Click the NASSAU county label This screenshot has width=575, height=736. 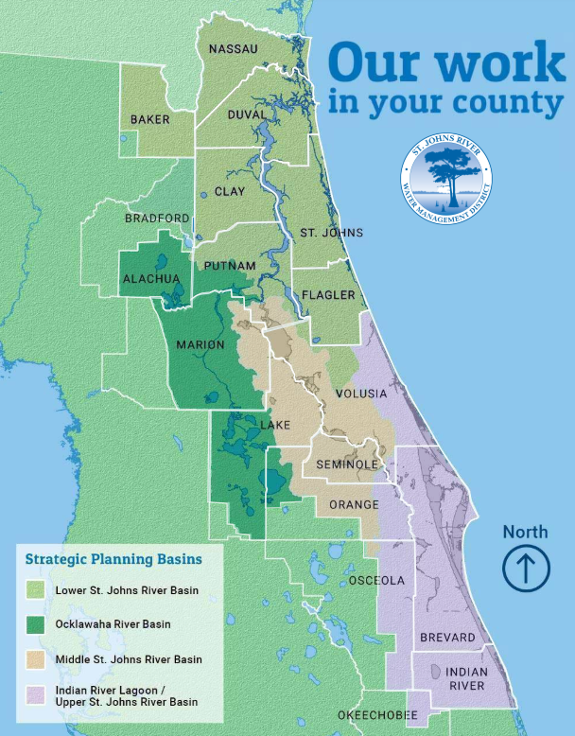233,48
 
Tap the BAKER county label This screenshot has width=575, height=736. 150,119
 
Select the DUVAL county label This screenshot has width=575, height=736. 248,114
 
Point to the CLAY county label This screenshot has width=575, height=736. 230,191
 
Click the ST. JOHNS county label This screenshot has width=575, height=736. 324,233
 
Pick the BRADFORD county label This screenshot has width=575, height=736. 157,219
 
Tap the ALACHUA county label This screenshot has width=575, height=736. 150,279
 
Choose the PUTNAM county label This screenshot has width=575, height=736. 230,266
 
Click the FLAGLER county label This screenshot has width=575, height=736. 328,295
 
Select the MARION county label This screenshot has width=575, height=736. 200,344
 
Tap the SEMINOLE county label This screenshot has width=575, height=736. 347,465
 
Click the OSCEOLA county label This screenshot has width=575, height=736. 376,580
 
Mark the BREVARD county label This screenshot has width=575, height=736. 447,638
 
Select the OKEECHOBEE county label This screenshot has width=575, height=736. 376,716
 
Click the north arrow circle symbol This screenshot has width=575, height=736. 525,569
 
